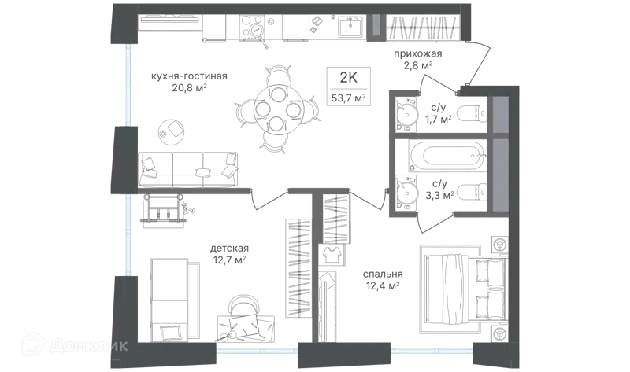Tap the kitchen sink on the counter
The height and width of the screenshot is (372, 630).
click(350, 27)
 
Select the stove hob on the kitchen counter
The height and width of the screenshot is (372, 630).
click(252, 28)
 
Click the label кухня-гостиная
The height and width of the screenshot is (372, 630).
click(189, 76)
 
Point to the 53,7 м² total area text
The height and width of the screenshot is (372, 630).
click(348, 98)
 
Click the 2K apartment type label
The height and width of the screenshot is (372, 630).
click(348, 77)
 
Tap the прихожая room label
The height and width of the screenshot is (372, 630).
click(418, 53)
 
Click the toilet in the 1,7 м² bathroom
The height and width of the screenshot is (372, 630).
click(472, 113)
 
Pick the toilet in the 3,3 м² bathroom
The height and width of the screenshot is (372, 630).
click(472, 193)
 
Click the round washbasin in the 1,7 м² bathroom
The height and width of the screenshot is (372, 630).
click(406, 113)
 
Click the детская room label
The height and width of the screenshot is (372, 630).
click(229, 249)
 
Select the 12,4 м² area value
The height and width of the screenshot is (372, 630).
click(383, 285)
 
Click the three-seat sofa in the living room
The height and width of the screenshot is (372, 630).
click(188, 169)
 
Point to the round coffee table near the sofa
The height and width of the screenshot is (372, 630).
click(171, 130)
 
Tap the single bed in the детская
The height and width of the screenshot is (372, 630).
click(169, 300)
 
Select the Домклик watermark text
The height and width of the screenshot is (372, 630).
click(89, 346)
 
